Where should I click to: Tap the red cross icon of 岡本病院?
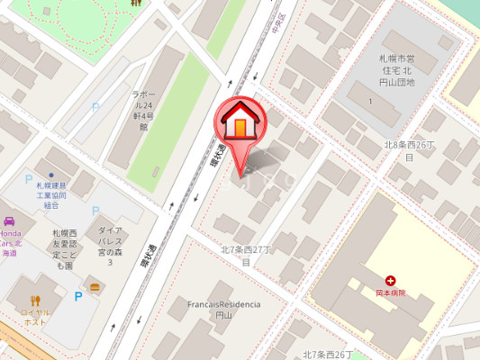point(390,281)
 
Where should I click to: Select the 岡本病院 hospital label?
point(390,293)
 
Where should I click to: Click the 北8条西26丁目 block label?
point(410,150)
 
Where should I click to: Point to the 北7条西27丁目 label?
point(245,255)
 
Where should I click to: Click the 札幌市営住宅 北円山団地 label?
point(395,69)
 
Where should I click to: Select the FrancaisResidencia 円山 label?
point(223,310)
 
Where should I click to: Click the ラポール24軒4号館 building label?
point(143,110)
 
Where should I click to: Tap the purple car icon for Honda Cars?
point(8,221)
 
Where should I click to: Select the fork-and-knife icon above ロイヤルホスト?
point(36,302)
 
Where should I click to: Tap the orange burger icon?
point(95,286)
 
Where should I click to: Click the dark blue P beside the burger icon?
point(78,294)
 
